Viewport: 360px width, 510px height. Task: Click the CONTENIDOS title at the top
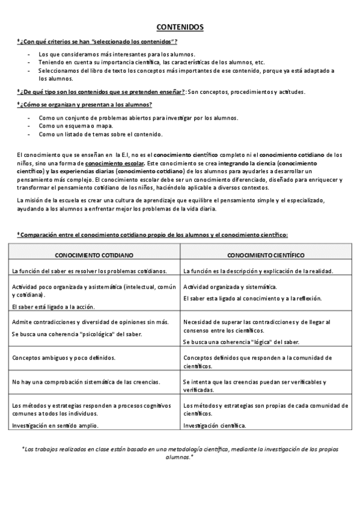(x=180, y=28)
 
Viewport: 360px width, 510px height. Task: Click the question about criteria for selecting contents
(x=97, y=41)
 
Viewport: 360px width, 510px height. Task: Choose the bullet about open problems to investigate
(x=138, y=117)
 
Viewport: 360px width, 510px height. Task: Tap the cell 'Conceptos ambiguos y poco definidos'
(x=64, y=357)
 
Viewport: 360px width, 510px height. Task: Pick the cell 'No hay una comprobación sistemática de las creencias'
(x=86, y=381)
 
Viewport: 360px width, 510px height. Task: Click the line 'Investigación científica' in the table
(x=215, y=425)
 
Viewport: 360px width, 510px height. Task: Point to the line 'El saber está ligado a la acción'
(x=53, y=306)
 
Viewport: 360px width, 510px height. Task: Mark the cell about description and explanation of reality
(x=258, y=271)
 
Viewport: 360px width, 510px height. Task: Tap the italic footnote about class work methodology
(x=180, y=452)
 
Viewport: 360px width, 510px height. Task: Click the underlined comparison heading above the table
(x=153, y=234)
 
